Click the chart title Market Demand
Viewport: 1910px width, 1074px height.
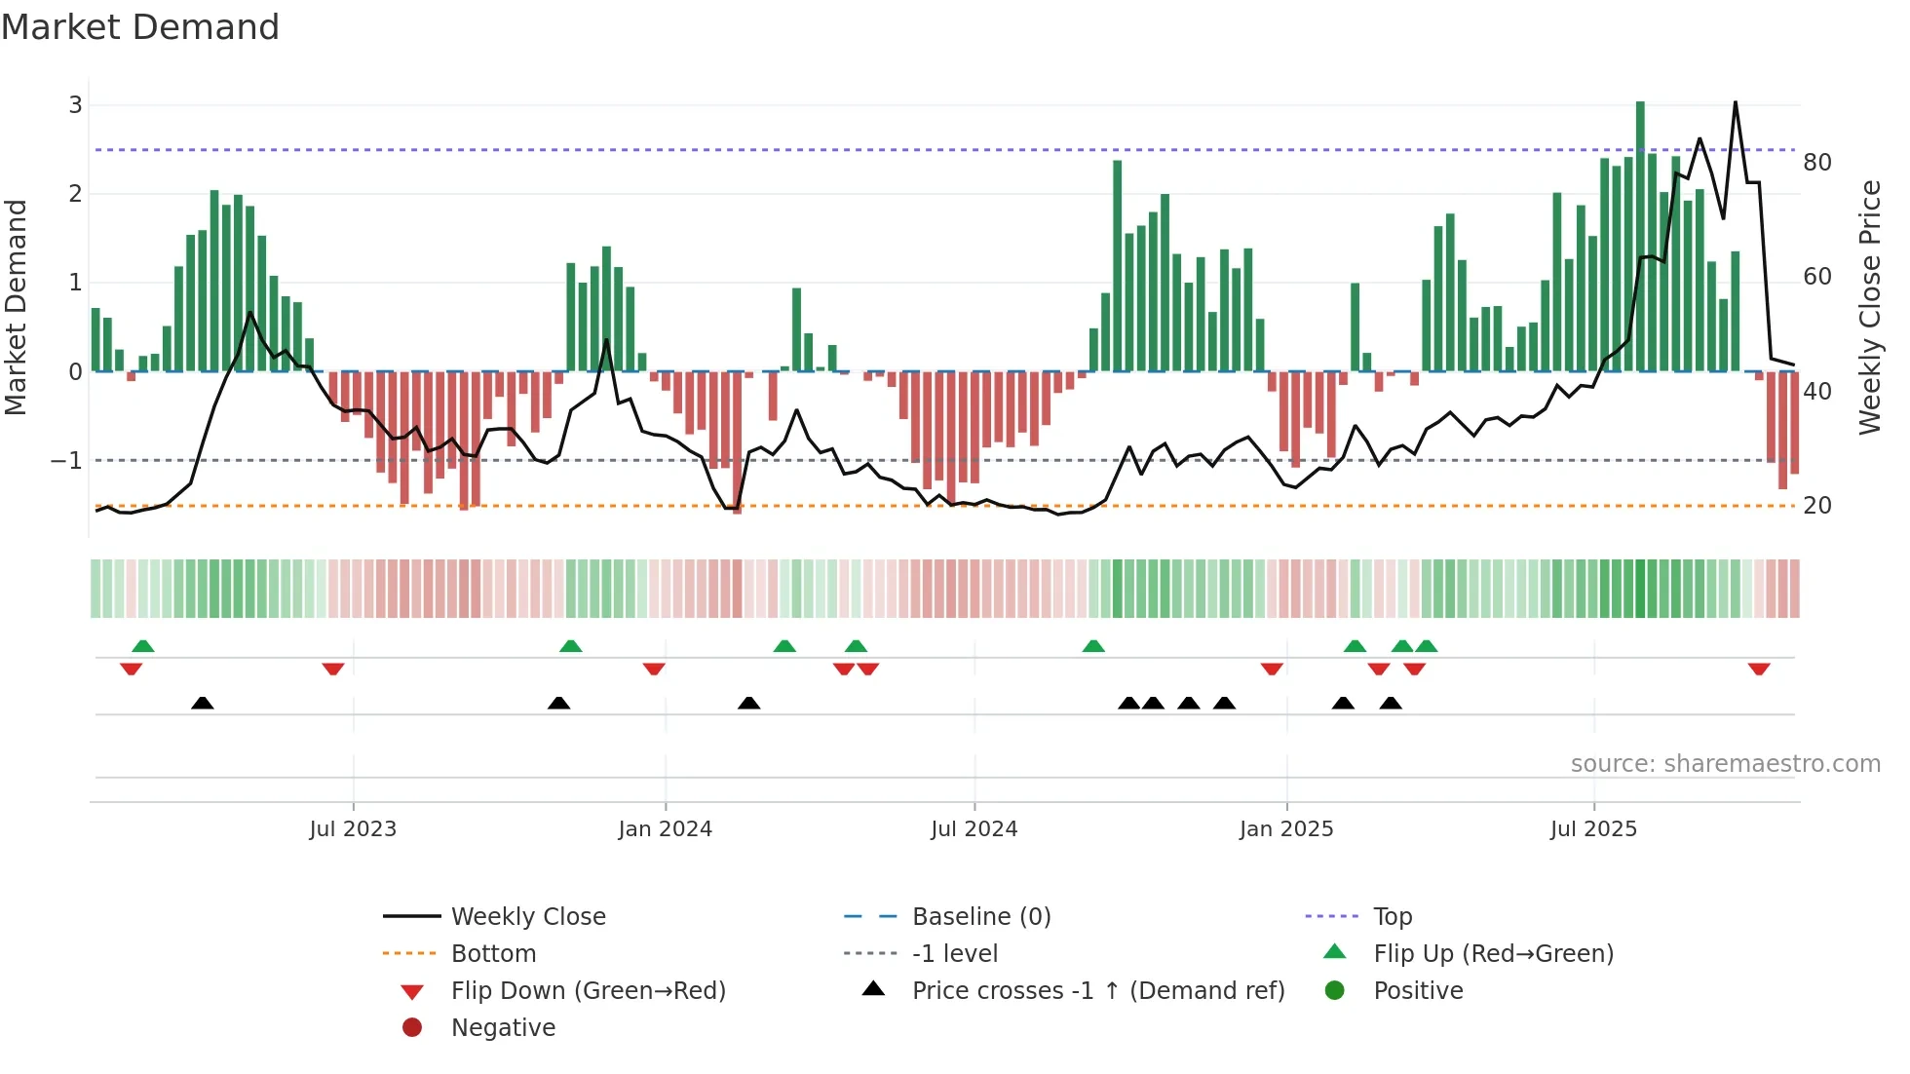(140, 27)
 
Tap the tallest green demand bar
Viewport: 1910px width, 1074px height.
(1640, 234)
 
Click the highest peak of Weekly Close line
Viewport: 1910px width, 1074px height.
(1735, 103)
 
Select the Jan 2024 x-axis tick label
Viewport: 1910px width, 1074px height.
(665, 829)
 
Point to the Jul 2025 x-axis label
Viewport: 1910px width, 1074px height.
(1593, 829)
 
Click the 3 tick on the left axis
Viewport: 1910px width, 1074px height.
(75, 105)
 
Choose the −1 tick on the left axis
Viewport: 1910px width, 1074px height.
(66, 461)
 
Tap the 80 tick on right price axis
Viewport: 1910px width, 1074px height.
(1816, 163)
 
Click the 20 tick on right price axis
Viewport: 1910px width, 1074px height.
(1816, 506)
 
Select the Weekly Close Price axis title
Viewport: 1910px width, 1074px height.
(1869, 307)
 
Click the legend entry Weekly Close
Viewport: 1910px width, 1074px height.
(527, 917)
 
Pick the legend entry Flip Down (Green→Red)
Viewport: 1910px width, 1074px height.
(588, 991)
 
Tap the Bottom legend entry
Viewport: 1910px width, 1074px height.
(493, 954)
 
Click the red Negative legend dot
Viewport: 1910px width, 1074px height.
(412, 1028)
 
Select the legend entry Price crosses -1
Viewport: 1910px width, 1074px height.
(1097, 991)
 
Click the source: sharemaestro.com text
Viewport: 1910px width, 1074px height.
(1725, 764)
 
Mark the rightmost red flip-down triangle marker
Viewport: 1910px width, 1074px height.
(1758, 670)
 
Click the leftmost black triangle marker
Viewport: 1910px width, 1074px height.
(202, 704)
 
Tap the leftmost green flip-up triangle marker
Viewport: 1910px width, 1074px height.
(142, 646)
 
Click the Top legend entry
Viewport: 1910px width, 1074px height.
(1392, 917)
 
